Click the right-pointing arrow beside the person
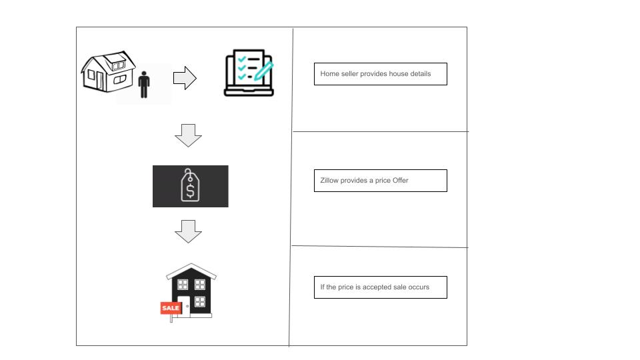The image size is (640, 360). point(185,78)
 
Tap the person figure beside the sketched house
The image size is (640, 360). point(144,85)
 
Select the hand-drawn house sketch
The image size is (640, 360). point(108,72)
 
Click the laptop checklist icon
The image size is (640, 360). point(249,73)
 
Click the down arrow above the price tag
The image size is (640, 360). point(188,135)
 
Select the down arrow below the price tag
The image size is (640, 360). point(188,231)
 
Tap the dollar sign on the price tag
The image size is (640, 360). point(190,191)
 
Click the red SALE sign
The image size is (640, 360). point(171,308)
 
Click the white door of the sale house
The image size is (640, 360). point(184,305)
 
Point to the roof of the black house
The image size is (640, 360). point(191,271)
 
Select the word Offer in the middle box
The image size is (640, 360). point(401,181)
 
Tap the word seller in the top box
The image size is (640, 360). point(349,74)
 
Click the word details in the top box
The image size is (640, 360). point(421,74)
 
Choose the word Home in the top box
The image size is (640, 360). point(330,74)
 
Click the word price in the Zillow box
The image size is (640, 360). point(383,181)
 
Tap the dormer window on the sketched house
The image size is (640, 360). point(119,65)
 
